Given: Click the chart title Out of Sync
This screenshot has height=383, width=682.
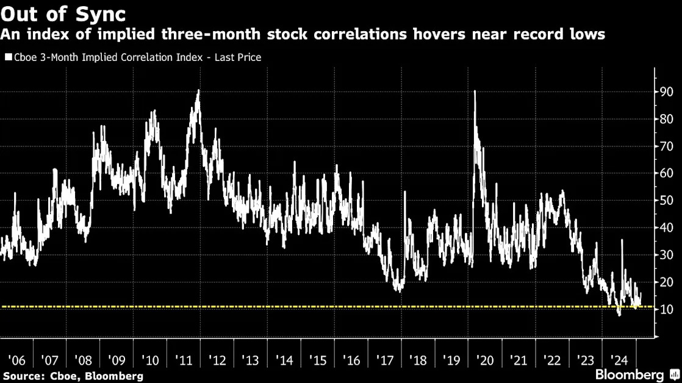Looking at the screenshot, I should tap(63, 13).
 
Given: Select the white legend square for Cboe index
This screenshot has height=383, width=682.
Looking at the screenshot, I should tap(8, 57).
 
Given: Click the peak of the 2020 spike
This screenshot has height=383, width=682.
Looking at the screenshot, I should tap(475, 91).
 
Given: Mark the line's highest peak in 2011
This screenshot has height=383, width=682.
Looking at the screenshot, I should tap(198, 90).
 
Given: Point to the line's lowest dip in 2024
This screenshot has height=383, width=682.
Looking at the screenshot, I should tap(619, 315).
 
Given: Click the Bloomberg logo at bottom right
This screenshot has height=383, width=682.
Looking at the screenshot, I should tap(630, 374).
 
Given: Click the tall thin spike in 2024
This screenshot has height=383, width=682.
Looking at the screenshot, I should tap(622, 240).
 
